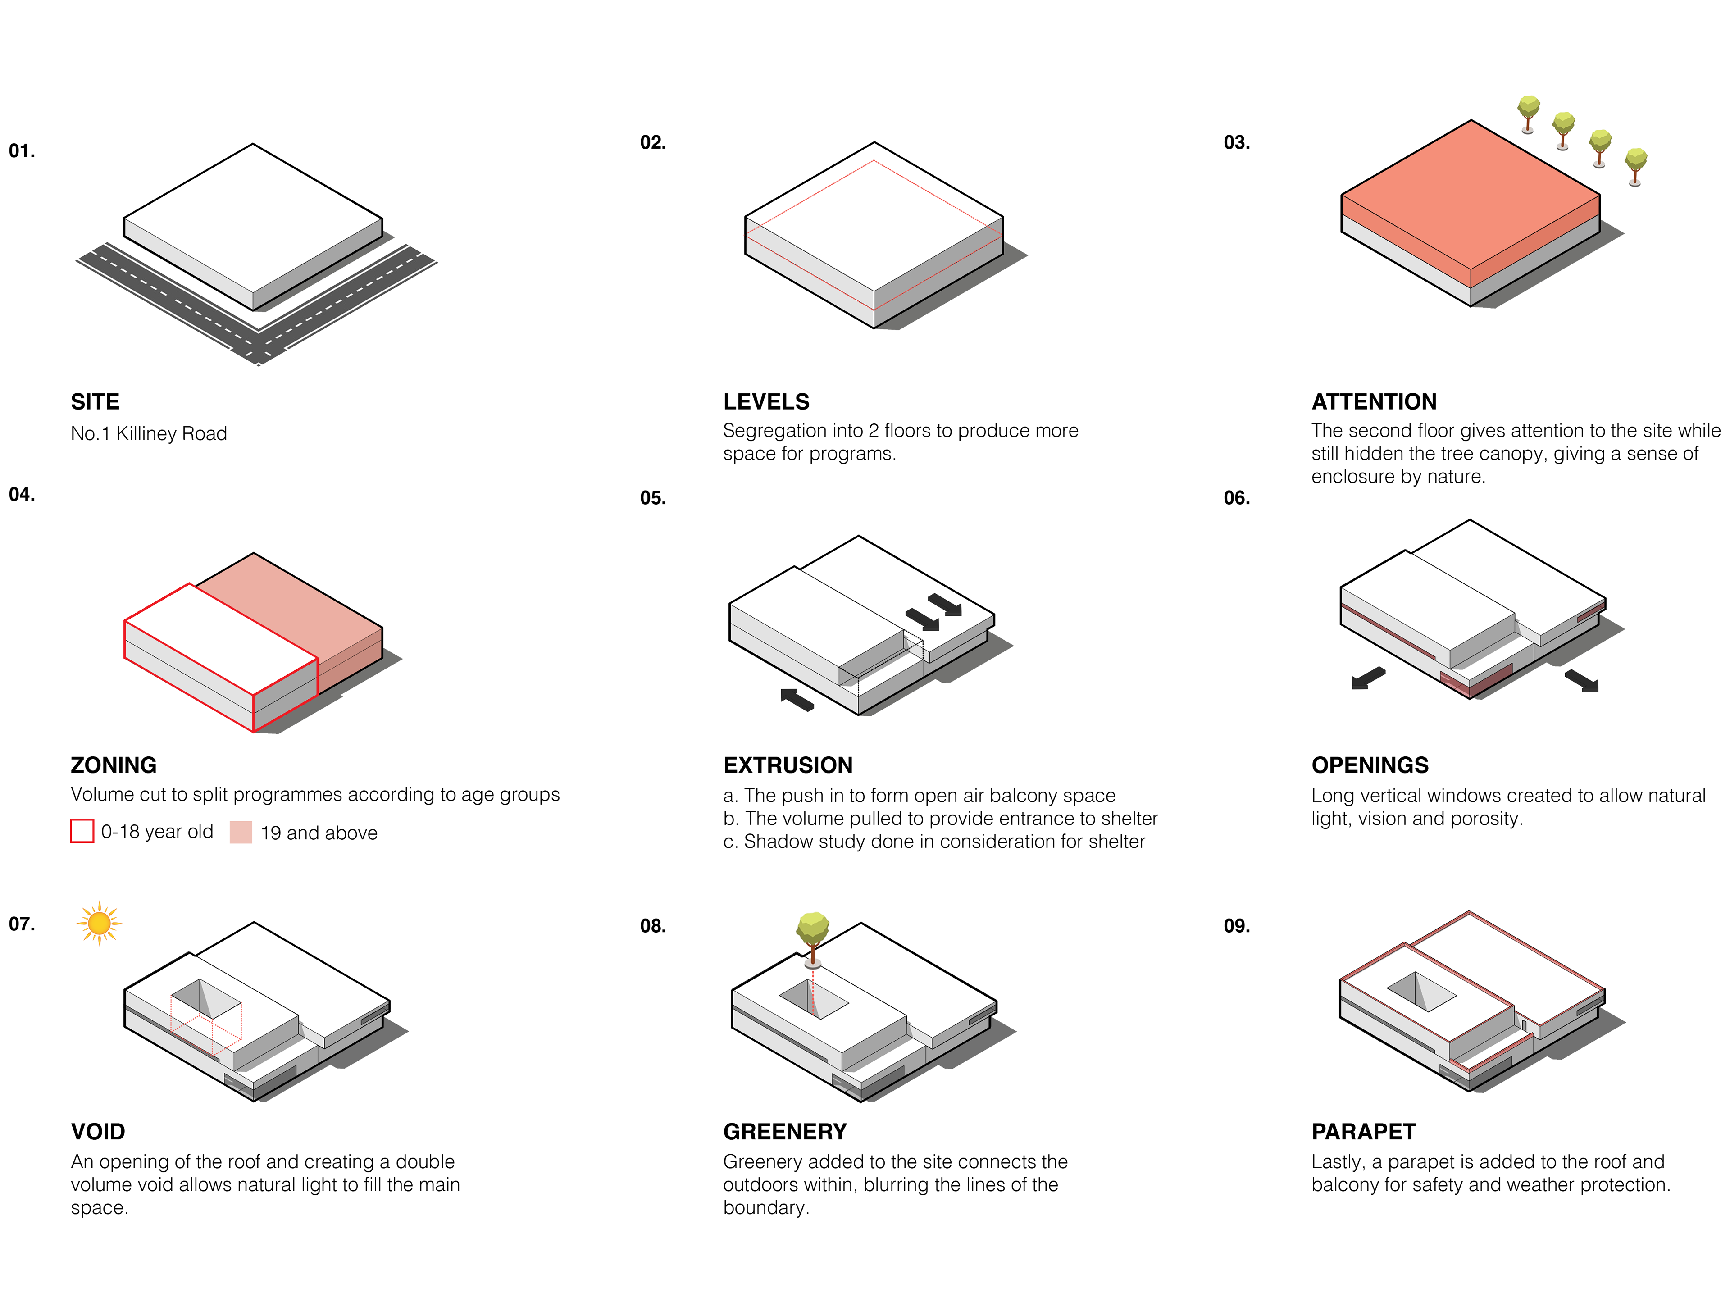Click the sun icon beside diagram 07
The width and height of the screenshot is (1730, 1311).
click(x=99, y=924)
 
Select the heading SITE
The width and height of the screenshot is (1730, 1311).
click(x=96, y=402)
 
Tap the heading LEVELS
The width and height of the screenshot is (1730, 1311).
click(x=766, y=402)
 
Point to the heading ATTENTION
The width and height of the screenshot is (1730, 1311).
click(x=1374, y=402)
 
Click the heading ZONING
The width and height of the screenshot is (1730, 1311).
click(x=114, y=765)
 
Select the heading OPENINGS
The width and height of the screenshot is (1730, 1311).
click(x=1370, y=765)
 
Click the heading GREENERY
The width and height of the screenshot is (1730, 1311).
click(x=785, y=1132)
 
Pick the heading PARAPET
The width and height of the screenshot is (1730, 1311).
click(x=1364, y=1132)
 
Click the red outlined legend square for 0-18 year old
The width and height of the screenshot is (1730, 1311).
click(x=82, y=831)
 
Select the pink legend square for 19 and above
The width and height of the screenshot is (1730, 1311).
click(x=241, y=832)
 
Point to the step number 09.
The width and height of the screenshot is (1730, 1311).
click(x=1237, y=926)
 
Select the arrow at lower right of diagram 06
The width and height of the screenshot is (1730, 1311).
click(x=1581, y=681)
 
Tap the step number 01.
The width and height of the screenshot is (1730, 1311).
click(x=22, y=151)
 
